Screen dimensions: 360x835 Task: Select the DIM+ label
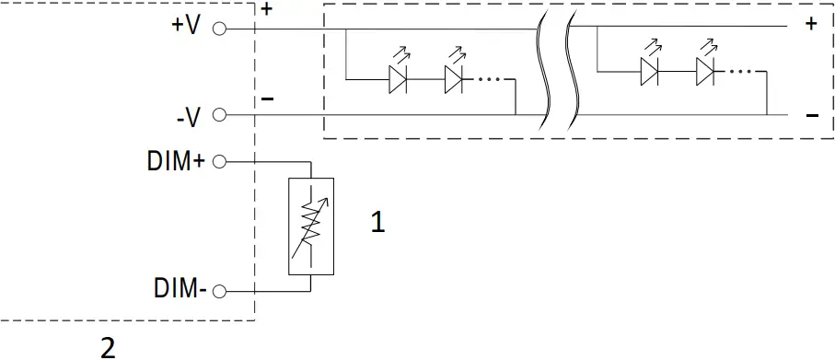(x=175, y=161)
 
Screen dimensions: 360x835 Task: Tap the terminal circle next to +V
(x=219, y=29)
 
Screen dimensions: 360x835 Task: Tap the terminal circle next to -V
(x=219, y=115)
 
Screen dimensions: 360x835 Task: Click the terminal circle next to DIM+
(x=219, y=162)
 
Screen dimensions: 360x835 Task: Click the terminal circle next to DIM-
(x=219, y=292)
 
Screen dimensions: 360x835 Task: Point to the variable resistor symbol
(x=311, y=226)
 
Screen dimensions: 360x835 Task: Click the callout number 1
(x=377, y=222)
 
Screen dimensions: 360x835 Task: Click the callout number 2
(x=108, y=347)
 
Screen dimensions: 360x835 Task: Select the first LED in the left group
(x=399, y=79)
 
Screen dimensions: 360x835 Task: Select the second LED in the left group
(x=454, y=79)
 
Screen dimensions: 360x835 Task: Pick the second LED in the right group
(x=706, y=70)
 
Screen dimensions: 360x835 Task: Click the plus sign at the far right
(x=811, y=25)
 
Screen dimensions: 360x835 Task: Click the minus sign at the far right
(x=812, y=116)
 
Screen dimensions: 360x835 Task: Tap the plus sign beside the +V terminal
(x=267, y=10)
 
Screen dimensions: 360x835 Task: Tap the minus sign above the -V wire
(x=267, y=98)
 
